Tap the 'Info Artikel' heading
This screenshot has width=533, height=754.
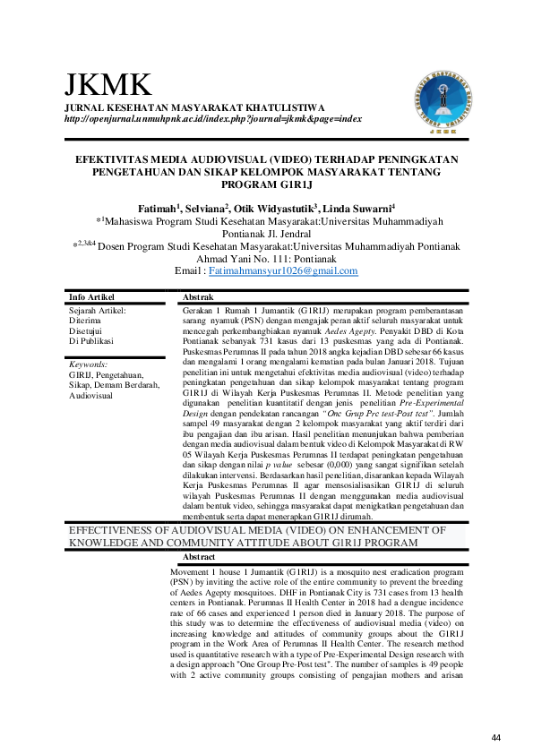click(93, 296)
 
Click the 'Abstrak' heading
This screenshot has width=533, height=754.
click(198, 296)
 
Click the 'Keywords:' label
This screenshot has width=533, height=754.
click(89, 364)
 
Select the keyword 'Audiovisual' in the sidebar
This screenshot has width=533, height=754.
click(91, 395)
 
